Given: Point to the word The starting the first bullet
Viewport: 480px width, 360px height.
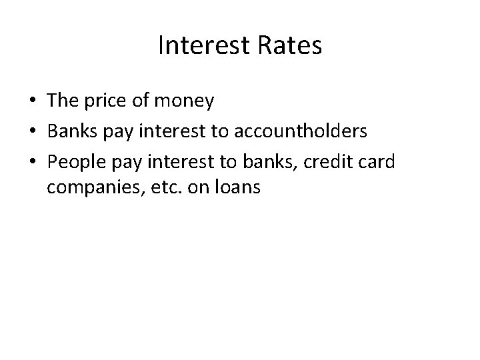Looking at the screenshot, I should click(63, 101).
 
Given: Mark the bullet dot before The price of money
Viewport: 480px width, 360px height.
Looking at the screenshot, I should click(32, 102).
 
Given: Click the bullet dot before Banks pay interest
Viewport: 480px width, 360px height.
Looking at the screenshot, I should click(32, 132).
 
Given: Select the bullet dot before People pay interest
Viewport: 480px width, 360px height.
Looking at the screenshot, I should click(32, 161).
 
